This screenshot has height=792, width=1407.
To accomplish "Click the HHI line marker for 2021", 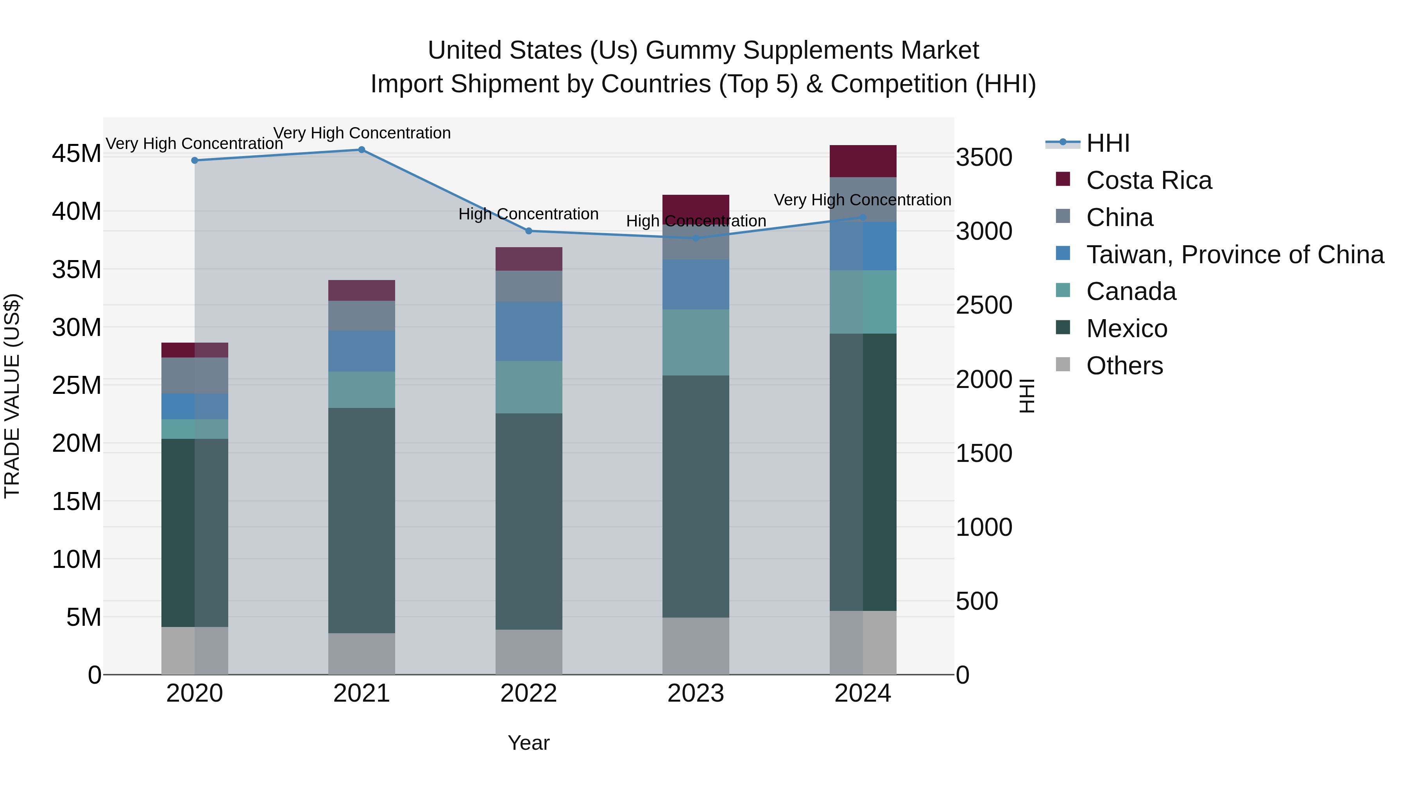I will (362, 150).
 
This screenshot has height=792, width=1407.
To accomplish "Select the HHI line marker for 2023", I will (696, 238).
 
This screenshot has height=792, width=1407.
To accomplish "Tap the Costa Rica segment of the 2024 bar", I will (863, 161).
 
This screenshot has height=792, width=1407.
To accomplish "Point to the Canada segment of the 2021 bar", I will (362, 390).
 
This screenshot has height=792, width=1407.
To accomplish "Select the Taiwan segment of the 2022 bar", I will (529, 331).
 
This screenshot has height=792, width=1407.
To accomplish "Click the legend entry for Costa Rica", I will (1149, 180).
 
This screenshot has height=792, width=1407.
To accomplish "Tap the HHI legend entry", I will (1108, 143).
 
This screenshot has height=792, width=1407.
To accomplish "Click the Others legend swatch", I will (1063, 365).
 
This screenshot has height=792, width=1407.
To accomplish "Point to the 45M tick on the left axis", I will (77, 154).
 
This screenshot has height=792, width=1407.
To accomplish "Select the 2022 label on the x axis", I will (529, 693).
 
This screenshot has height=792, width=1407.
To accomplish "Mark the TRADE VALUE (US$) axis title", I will (12, 396).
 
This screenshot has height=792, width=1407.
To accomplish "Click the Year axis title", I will (529, 743).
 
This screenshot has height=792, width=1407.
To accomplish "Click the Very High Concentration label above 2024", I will (863, 200).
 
